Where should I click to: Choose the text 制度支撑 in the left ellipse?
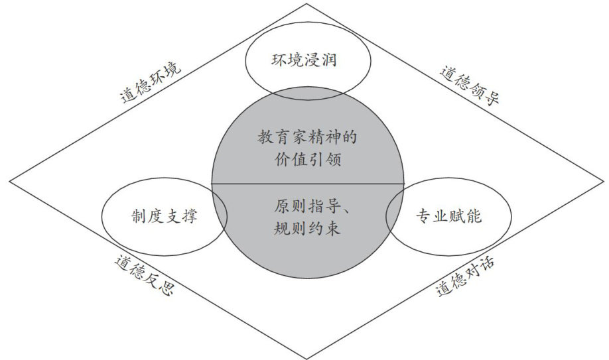coord(163,216)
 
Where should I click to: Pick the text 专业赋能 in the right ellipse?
coord(448,216)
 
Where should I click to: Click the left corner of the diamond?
coord(11,180)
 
